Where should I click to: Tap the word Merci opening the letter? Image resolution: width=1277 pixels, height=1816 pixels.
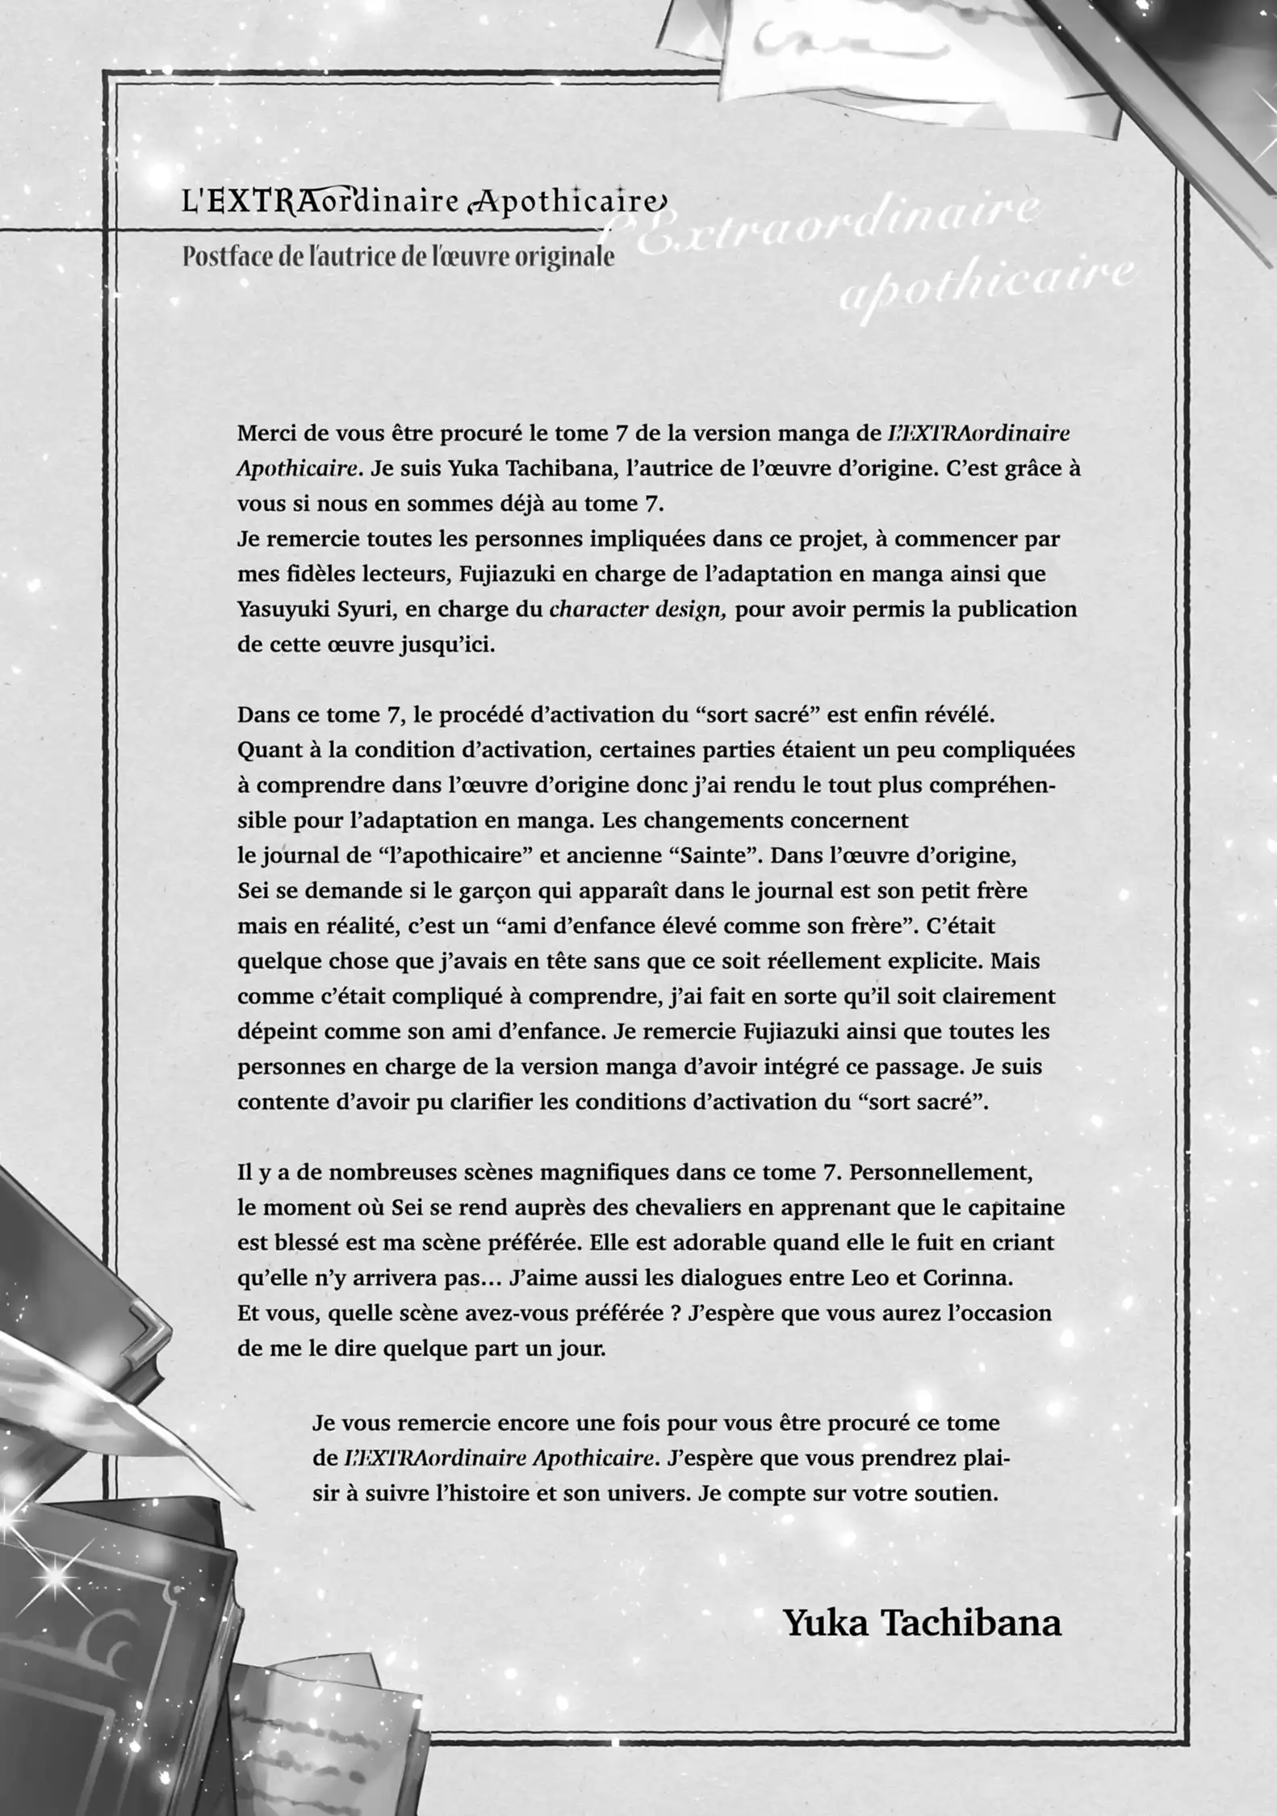pyautogui.click(x=266, y=433)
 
